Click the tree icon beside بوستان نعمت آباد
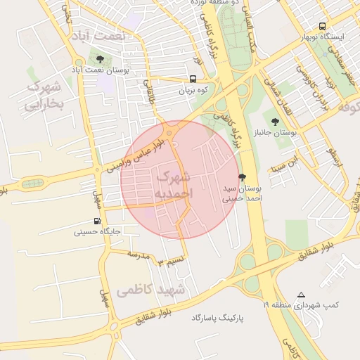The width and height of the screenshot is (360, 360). click(99, 60)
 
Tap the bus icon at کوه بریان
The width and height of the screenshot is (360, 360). click(193, 79)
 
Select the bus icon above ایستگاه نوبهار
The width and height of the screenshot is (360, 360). click(322, 26)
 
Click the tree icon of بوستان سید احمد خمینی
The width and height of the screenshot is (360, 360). click(243, 178)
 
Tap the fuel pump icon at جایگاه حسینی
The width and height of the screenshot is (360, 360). click(97, 221)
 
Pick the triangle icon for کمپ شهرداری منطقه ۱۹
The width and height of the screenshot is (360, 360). click(301, 295)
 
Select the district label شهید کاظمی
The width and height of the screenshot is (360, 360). click(151, 289)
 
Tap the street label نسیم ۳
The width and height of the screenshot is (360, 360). click(171, 262)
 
